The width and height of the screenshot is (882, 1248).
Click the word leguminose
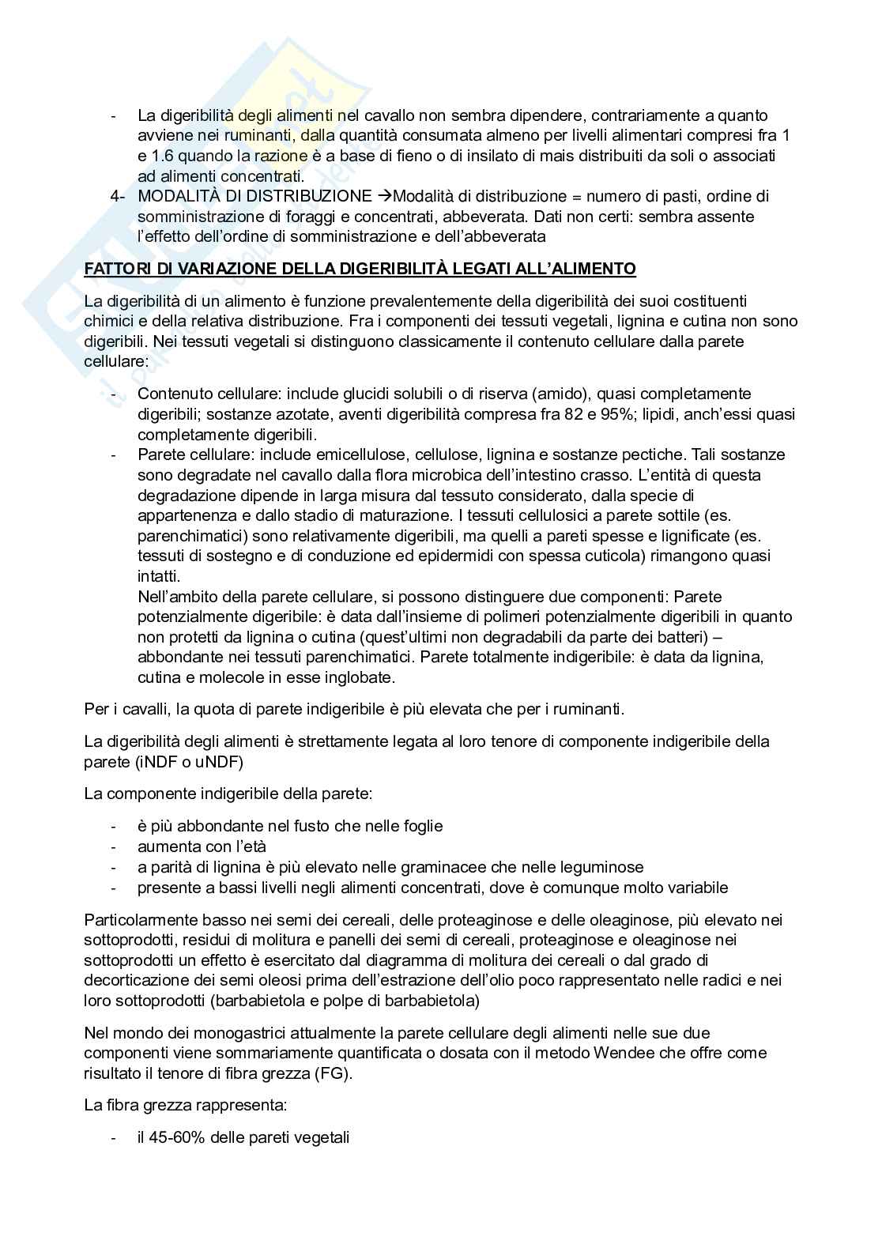click(598, 867)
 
